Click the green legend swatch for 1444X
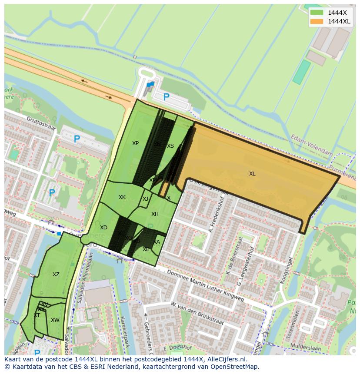tap(317, 13)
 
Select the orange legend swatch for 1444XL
tap(317, 21)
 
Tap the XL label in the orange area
tap(252, 174)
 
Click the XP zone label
tap(135, 143)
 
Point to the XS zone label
tap(170, 146)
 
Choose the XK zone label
tap(122, 197)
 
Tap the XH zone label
tap(155, 214)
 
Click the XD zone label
tap(103, 228)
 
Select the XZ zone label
tap(56, 275)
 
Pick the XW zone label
tap(55, 320)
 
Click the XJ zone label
tap(146, 199)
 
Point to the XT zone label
tap(37, 315)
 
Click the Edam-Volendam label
tap(312, 147)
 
